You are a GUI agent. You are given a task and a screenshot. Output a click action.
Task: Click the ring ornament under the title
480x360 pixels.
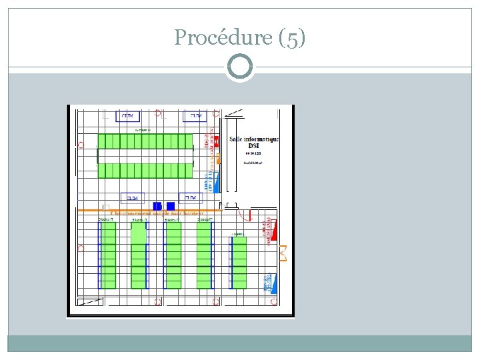coord(240,67)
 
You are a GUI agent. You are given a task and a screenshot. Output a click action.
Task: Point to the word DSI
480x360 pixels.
coord(254,147)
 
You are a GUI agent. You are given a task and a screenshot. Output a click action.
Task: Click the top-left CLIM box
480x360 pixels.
coord(127,116)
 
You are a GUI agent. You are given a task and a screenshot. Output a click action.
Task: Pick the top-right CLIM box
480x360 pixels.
coord(196,116)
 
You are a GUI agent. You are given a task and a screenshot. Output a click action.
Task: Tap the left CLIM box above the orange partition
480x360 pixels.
coord(133,198)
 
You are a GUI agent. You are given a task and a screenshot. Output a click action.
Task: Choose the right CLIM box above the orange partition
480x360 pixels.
coord(191,198)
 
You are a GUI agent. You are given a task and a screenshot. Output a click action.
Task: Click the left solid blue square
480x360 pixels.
coord(157,206)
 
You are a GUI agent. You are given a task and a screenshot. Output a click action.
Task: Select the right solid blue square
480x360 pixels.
coord(171,206)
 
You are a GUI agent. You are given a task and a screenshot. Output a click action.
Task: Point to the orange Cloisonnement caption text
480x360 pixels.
coord(157,213)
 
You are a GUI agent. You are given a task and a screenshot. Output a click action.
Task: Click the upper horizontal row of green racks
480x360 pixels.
coord(145,141)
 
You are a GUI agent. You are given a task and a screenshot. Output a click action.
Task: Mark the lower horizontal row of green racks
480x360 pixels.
coord(145,171)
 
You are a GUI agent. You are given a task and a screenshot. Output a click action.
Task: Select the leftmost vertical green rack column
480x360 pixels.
coord(108,255)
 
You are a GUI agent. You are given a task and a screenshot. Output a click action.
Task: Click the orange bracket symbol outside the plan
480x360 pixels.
coord(283,253)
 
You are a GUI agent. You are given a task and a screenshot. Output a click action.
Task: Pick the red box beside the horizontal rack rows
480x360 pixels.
coord(215,140)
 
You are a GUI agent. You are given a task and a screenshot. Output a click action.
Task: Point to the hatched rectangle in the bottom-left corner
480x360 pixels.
coord(91,303)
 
